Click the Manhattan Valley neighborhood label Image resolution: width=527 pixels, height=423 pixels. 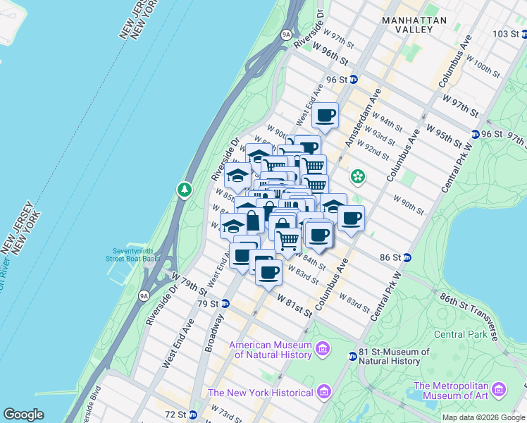(414, 25)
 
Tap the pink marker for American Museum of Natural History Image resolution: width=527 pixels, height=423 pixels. (323, 349)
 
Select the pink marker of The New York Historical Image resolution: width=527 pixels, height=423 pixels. (323, 391)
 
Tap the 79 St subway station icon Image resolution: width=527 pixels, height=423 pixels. (225, 304)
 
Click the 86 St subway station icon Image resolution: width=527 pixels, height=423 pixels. (407, 258)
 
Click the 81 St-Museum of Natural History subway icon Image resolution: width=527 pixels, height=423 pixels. (352, 357)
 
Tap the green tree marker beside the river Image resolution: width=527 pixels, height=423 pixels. (185, 189)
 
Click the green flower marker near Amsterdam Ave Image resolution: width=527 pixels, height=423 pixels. (358, 176)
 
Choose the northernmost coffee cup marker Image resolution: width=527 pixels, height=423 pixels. (325, 116)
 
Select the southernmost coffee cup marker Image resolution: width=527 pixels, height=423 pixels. (267, 272)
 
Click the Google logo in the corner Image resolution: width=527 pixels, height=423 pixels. (24, 414)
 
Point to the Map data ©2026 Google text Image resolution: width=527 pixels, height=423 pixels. (483, 417)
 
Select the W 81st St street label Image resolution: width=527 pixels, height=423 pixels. (294, 305)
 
